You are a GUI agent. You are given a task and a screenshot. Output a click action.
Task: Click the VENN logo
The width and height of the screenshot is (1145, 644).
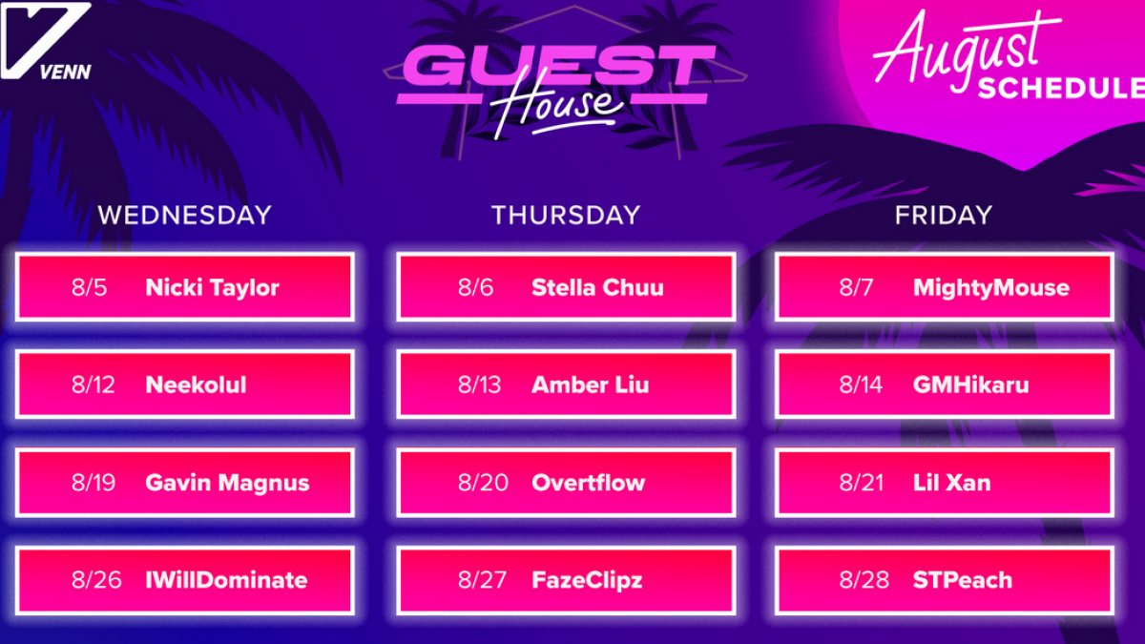[x=46, y=41]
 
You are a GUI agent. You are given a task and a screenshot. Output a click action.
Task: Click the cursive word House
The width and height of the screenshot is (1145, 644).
[x=558, y=106]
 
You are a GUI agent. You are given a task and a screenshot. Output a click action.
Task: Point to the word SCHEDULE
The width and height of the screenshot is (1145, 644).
[x=1061, y=88]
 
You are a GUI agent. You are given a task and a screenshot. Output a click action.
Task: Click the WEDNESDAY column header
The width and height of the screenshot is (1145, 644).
[x=184, y=215]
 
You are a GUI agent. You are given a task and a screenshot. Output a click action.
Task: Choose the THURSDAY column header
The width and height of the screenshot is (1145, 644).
[x=566, y=215]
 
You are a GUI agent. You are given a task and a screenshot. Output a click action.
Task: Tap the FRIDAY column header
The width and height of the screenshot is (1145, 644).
[x=944, y=215]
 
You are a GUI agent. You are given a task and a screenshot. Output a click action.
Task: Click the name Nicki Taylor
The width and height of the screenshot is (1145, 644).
[x=212, y=288]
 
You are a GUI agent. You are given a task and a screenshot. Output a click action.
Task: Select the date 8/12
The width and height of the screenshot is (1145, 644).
[x=94, y=384]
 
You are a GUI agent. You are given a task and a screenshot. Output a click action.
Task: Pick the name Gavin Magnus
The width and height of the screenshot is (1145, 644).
[x=227, y=484]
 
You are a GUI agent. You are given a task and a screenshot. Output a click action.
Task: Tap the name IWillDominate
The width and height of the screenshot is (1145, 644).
[x=226, y=580]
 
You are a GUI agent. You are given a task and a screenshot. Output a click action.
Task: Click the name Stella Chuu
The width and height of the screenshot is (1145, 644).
[x=597, y=287]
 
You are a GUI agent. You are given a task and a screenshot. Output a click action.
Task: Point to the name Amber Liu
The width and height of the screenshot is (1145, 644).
[x=591, y=384]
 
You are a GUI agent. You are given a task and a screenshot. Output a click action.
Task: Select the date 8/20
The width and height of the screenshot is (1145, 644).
[x=483, y=483]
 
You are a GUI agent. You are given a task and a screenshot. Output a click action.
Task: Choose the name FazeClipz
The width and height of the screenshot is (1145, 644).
[x=587, y=581]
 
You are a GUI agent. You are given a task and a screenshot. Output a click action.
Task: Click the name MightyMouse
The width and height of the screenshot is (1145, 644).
[x=991, y=288]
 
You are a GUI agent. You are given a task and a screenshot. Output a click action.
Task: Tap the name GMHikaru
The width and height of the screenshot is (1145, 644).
[x=971, y=384]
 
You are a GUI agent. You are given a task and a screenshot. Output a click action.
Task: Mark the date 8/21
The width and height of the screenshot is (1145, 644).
[x=861, y=483]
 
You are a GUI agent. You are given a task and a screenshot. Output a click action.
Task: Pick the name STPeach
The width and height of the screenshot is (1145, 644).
[x=963, y=580]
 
